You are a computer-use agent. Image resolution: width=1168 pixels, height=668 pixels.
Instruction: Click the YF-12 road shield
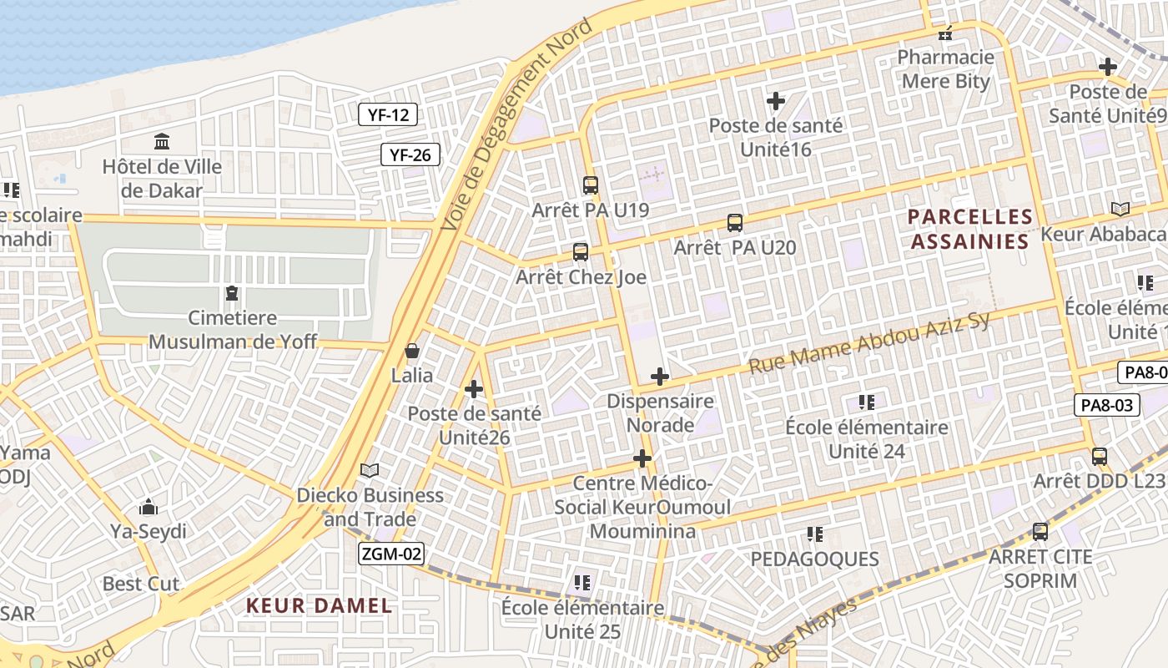click(388, 115)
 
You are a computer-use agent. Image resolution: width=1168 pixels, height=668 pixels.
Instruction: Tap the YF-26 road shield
click(410, 154)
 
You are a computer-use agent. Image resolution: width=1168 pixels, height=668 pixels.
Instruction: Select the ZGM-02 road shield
click(391, 554)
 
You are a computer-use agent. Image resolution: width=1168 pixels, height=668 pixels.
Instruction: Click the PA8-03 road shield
click(1106, 406)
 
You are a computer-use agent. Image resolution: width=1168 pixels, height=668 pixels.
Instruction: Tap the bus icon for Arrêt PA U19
click(591, 185)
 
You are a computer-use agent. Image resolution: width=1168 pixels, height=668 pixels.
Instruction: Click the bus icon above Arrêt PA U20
click(735, 223)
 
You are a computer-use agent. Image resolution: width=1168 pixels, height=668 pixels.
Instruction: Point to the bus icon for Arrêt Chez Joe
click(581, 252)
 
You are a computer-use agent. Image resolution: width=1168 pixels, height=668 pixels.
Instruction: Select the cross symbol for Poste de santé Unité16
click(776, 102)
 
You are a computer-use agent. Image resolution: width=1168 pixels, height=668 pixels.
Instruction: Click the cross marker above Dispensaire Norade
click(660, 377)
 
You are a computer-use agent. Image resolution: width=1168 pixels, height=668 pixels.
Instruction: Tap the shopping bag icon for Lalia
click(412, 351)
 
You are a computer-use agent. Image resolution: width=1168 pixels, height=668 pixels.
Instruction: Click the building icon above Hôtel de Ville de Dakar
click(162, 142)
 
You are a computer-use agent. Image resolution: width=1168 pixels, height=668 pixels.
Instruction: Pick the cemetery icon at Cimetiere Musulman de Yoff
click(231, 293)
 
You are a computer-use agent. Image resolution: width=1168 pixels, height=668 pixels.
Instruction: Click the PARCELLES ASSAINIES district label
click(970, 230)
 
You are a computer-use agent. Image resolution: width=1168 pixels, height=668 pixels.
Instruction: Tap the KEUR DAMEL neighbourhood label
click(319, 606)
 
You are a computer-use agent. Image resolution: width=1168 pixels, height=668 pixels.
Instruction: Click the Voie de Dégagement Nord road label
click(516, 125)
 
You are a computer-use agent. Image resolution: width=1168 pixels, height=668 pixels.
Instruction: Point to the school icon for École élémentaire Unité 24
click(867, 402)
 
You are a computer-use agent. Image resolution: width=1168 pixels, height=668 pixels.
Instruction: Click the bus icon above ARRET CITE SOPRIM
click(1040, 532)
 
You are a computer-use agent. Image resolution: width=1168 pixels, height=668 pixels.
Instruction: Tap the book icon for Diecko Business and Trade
click(370, 471)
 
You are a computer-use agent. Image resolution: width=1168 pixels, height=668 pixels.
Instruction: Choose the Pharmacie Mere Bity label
click(945, 69)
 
